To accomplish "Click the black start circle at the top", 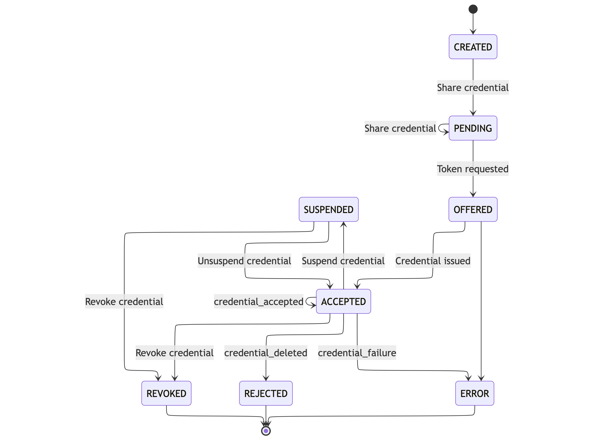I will coord(473,9).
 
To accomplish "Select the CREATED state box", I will coord(473,47).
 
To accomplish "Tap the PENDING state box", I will coord(473,128).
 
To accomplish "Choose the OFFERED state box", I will coord(473,209).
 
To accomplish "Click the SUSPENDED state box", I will coord(328,209).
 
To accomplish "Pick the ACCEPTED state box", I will coord(343,301).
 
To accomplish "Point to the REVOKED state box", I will coord(166,393).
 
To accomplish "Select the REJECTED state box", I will coord(266,393).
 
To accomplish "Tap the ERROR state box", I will coord(474,393).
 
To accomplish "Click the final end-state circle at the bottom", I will coord(266,431).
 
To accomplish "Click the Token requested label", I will coord(472,169).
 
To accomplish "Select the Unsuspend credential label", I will coord(244,261).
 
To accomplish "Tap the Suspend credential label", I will coord(343,261).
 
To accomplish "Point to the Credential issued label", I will coord(433,261).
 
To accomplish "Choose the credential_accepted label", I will coord(258,301).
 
